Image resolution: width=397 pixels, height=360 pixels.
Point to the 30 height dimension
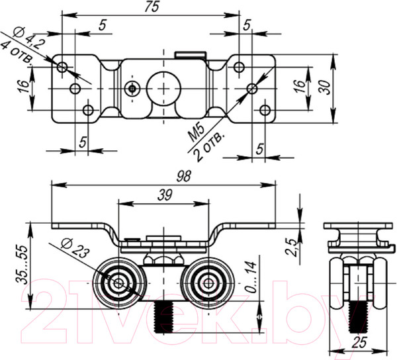pyautogui.click(x=324, y=86)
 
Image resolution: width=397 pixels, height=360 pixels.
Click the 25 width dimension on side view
pyautogui.click(x=359, y=342)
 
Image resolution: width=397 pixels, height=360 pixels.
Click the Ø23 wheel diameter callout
pyautogui.click(x=73, y=248)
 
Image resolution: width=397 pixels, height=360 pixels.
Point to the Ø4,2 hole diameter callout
pyautogui.click(x=26, y=36)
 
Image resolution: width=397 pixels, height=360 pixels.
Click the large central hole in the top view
pyautogui.click(x=163, y=87)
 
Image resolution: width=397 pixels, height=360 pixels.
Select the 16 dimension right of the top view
pyautogui.click(x=299, y=86)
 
